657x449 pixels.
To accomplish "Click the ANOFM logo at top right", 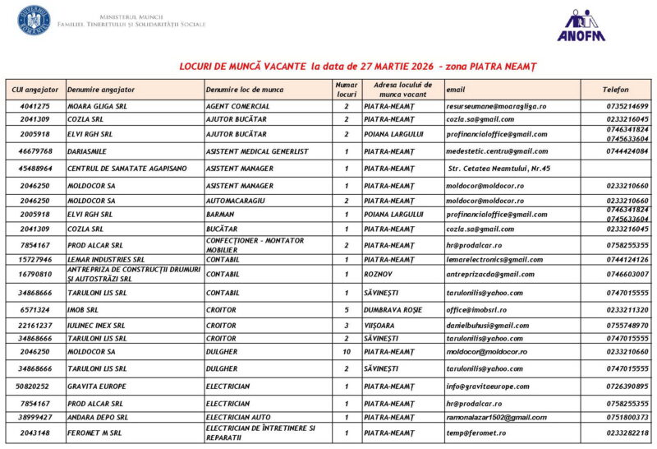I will click(581, 25).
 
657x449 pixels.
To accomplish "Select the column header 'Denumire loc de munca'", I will click(245, 89).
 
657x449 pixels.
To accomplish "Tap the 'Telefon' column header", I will click(615, 89).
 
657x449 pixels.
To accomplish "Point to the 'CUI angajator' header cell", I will click(35, 89).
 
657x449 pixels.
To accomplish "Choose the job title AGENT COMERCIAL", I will click(238, 106).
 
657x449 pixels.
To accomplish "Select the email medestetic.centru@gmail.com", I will click(497, 151).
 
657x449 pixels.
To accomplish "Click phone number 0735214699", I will click(627, 106).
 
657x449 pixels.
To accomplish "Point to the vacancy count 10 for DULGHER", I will click(347, 351).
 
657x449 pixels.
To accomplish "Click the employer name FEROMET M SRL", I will click(94, 433).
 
